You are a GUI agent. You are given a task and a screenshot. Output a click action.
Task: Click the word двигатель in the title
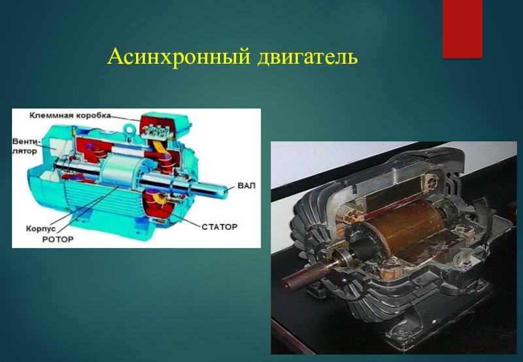(x=307, y=58)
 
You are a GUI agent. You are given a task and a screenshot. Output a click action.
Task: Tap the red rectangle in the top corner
(x=462, y=27)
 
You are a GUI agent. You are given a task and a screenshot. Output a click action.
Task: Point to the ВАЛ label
(x=246, y=186)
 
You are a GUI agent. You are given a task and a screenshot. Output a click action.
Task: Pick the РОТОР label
(x=58, y=240)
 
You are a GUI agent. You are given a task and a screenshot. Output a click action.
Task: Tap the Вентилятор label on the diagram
(x=27, y=145)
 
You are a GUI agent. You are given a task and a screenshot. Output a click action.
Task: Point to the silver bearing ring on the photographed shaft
(x=343, y=258)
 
